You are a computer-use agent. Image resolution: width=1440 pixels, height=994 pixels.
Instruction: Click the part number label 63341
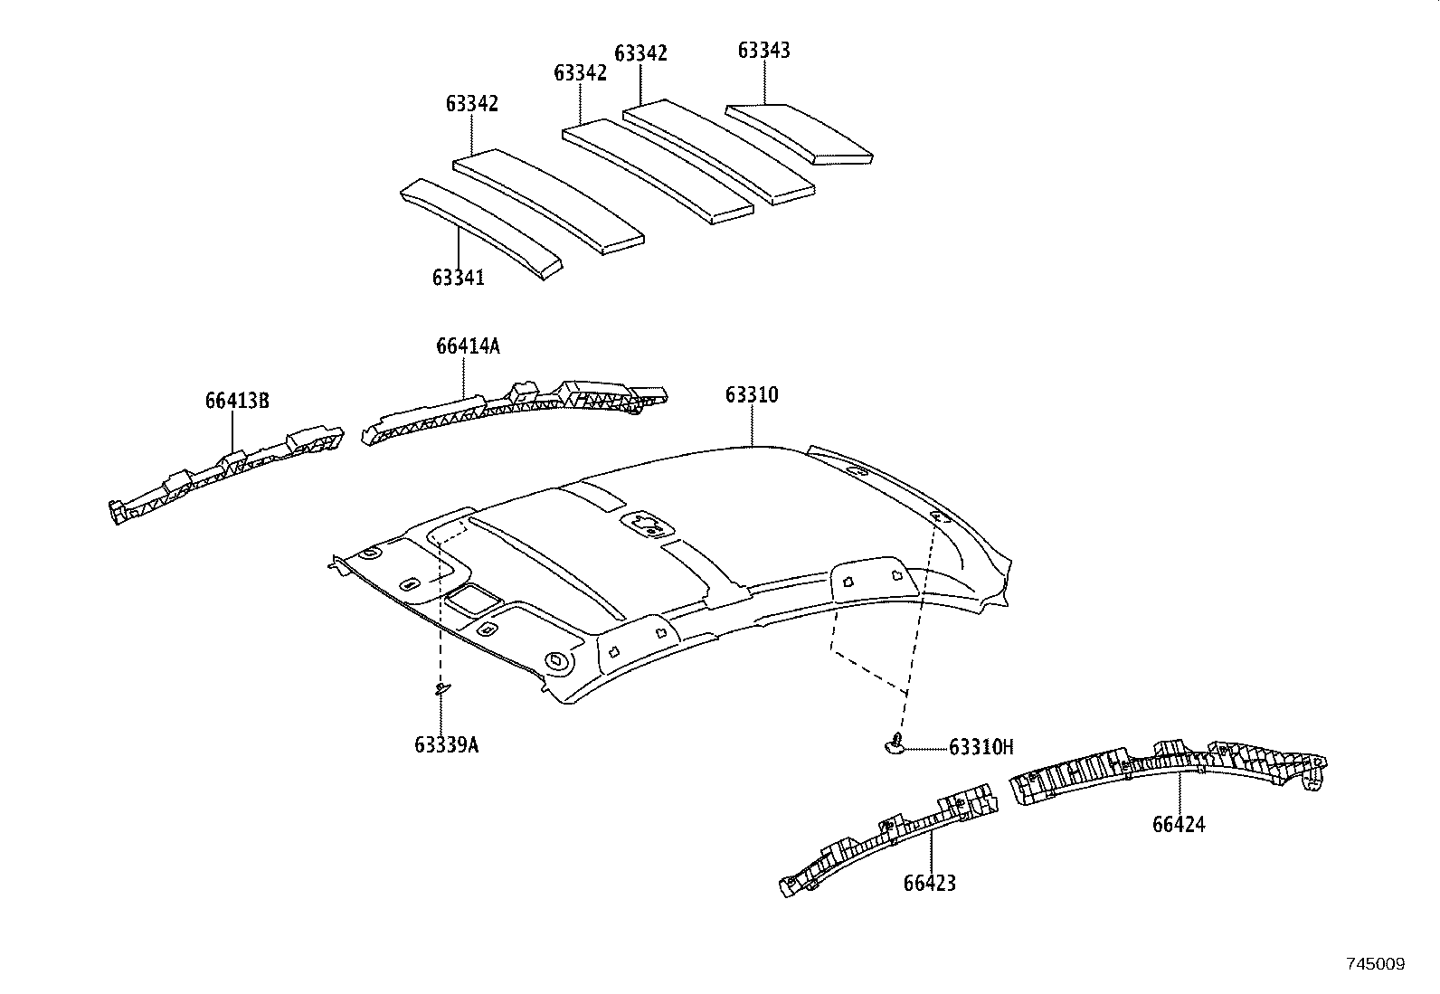point(458,278)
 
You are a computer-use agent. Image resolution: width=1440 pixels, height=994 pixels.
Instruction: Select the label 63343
point(763,51)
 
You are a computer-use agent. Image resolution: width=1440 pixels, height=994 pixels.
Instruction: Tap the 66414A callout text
point(467,346)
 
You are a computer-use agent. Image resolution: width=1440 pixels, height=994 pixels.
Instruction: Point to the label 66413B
point(237,401)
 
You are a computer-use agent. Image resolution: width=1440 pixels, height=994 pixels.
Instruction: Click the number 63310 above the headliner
point(751,395)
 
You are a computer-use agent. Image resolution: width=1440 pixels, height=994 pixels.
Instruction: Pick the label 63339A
point(446,745)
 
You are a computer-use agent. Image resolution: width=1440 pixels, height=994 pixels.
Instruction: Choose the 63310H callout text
point(981,747)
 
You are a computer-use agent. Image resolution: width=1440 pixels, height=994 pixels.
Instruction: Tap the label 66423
point(929,883)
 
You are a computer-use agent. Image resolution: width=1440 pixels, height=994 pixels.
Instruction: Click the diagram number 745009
point(1374,965)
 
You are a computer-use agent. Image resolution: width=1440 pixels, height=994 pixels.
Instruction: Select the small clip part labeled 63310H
point(894,744)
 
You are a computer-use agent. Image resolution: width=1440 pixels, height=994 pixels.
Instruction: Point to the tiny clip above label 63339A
point(441,689)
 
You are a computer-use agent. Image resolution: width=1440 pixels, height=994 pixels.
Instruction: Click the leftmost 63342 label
point(471,103)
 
